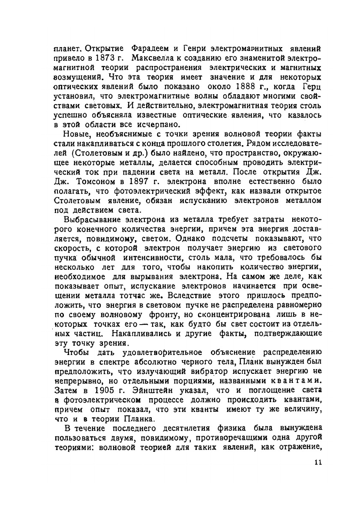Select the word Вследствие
pos(189,295)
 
